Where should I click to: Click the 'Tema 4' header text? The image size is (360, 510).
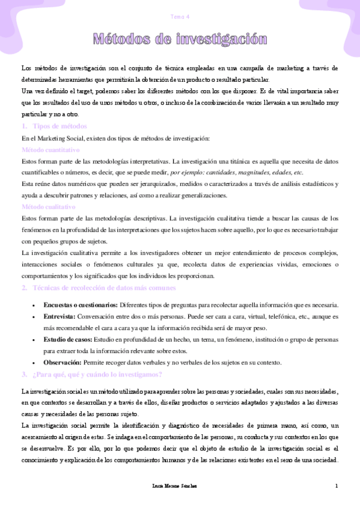180,16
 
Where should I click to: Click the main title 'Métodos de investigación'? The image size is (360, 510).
180,40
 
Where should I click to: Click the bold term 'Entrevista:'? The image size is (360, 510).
59,316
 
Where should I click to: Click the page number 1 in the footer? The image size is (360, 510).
337,485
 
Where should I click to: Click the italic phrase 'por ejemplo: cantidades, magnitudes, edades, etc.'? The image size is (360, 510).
237,173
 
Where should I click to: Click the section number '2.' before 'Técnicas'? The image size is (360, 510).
24,288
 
